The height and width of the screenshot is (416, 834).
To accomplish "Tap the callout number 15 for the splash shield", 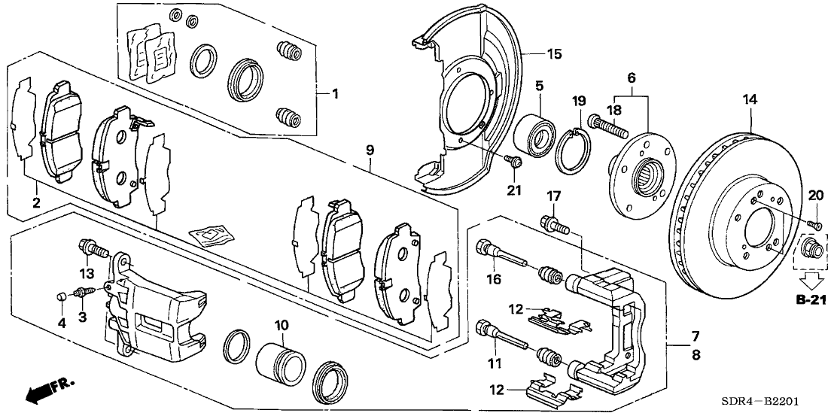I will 553,54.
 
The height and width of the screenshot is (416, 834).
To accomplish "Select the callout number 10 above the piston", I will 281,325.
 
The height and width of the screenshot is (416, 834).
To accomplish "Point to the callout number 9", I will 370,151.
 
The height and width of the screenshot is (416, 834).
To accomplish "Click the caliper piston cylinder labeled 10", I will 280,362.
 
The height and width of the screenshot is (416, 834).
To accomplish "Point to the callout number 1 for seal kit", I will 336,94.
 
